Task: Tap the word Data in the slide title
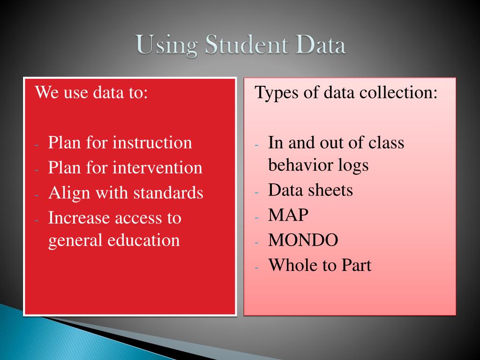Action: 320,46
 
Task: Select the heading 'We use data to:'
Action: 92,92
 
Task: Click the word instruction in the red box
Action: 152,142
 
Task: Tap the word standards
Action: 168,193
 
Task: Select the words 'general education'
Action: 114,240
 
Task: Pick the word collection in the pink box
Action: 398,92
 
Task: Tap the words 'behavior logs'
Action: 318,165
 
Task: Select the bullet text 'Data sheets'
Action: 310,190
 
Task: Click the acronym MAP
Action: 288,216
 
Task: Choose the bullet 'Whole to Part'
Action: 320,266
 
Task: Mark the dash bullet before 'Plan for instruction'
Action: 37,144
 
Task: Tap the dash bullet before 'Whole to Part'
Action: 257,267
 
